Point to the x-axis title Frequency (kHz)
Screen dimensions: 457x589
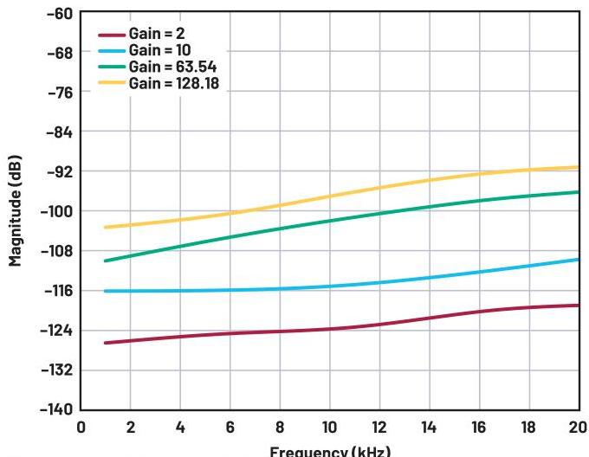[x=330, y=451]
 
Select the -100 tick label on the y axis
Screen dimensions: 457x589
[x=59, y=211]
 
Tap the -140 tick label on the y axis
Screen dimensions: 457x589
[x=59, y=409]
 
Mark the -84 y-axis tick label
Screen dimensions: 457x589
[x=61, y=132]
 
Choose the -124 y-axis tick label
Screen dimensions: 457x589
[x=59, y=330]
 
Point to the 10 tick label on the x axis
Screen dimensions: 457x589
[x=330, y=428]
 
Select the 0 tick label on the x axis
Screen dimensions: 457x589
[x=81, y=428]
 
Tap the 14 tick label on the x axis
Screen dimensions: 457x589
[x=430, y=428]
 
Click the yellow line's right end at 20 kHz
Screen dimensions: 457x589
[x=578, y=167]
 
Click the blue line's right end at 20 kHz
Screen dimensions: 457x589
[x=578, y=260]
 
